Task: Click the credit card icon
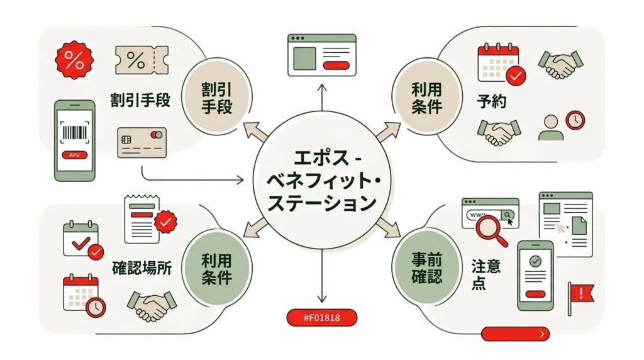(x=142, y=142)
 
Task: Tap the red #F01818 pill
(x=321, y=317)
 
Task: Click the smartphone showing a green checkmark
(x=535, y=275)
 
